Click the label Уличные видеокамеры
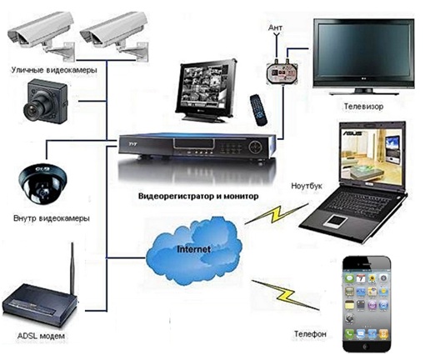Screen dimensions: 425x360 (54, 70)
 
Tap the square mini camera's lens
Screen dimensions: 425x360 (32, 110)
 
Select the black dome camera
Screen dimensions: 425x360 (43, 183)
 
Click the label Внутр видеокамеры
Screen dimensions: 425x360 (52, 218)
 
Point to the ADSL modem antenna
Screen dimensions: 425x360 (72, 267)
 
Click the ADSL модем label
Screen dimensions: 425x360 (41, 336)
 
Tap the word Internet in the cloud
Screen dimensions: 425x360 (193, 249)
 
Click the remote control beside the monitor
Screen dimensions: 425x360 (258, 110)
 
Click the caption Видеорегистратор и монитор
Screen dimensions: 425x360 (198, 196)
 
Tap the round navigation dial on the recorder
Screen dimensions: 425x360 (256, 146)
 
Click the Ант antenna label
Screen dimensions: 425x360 (275, 27)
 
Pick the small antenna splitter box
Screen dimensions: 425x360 (282, 73)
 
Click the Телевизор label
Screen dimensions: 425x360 (363, 107)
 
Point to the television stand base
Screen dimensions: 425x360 (364, 92)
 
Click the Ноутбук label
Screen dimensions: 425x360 (307, 186)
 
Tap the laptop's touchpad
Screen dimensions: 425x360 (337, 221)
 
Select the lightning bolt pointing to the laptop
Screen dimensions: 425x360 (277, 214)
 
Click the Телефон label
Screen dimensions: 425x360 (310, 333)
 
